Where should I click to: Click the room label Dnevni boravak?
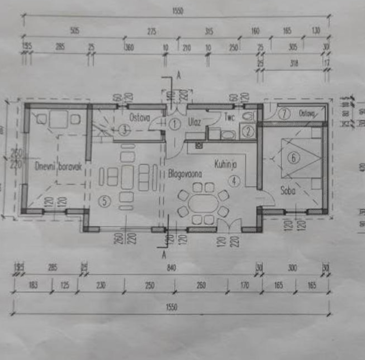(x=58, y=167)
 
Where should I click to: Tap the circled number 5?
(x=104, y=201)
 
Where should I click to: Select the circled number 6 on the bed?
(x=293, y=158)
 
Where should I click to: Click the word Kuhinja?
(x=226, y=164)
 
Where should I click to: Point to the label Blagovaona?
(x=185, y=174)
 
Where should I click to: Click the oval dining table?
(x=203, y=204)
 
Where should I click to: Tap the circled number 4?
(x=234, y=181)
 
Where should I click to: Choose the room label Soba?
(x=288, y=191)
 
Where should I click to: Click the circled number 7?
(x=284, y=114)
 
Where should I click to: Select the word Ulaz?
(x=195, y=122)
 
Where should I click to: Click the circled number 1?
(x=175, y=124)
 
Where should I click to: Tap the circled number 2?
(x=248, y=132)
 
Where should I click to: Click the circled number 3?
(x=122, y=130)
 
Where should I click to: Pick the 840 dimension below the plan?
(x=171, y=268)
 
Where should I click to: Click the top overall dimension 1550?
(x=178, y=11)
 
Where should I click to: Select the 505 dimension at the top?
(x=75, y=31)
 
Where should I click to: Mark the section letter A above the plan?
(x=179, y=75)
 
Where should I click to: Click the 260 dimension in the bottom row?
(x=201, y=285)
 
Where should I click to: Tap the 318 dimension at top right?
(x=294, y=63)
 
